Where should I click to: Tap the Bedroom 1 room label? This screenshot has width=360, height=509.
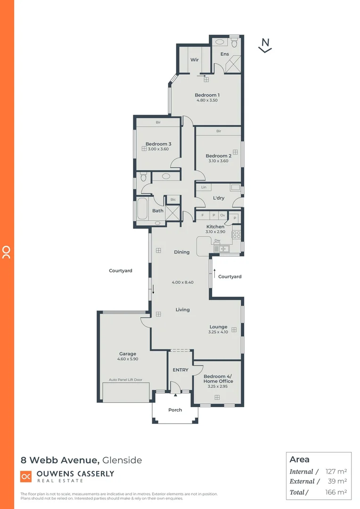(207, 95)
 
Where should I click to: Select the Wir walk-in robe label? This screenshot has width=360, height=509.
(194, 60)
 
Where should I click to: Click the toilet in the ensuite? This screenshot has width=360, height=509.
(234, 42)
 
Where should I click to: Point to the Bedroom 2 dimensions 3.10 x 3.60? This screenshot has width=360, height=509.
(218, 161)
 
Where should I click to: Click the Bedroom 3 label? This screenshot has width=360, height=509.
(158, 144)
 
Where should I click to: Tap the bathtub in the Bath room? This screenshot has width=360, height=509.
(142, 210)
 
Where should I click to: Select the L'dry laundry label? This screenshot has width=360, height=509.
(219, 198)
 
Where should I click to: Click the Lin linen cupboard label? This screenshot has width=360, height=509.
(204, 188)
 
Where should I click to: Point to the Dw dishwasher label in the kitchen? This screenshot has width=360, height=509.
(217, 240)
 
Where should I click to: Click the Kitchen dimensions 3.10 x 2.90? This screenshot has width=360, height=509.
(215, 232)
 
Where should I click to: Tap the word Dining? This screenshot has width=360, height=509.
(181, 252)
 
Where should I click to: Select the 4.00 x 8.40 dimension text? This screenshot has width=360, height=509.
(182, 282)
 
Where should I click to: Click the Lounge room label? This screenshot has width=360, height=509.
(218, 327)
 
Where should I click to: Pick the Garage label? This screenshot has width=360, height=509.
(127, 353)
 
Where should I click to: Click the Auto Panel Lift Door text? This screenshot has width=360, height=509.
(125, 380)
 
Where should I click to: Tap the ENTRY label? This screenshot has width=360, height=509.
(180, 370)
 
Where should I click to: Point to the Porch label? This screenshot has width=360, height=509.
(175, 410)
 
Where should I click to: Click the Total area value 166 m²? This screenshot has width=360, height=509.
(336, 492)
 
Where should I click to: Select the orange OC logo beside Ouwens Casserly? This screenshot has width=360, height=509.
(26, 476)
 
